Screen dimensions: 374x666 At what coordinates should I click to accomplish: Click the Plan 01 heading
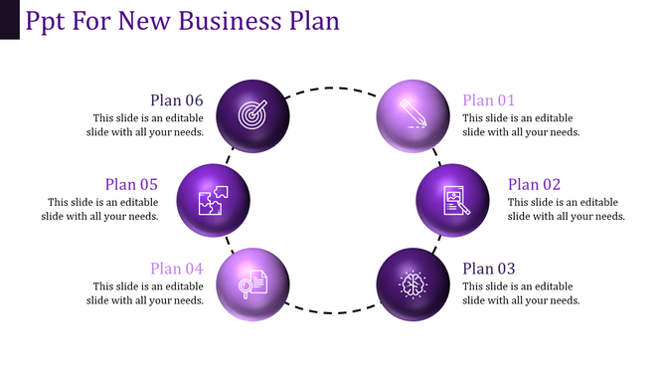[x=489, y=99]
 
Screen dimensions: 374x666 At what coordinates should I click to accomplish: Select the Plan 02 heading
[x=534, y=184]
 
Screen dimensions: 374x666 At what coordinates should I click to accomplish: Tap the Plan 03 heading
[x=489, y=268]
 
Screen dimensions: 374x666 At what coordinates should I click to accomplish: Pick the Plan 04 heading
[x=177, y=269]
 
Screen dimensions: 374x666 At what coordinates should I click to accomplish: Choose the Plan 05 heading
[x=131, y=184]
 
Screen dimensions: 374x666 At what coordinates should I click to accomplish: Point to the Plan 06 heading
[x=177, y=99]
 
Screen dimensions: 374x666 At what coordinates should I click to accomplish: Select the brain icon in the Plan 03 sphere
[x=414, y=284]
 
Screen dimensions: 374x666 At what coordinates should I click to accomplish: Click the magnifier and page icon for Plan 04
[x=251, y=283]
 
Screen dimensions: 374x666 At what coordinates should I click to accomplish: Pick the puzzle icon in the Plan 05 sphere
[x=213, y=200]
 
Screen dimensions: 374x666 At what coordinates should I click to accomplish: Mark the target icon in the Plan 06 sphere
[x=252, y=115]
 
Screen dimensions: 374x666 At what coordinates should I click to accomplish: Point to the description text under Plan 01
[x=521, y=124]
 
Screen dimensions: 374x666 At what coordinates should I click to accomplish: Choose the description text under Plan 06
[x=148, y=124]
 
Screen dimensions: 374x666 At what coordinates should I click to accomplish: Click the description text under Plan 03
[x=521, y=292]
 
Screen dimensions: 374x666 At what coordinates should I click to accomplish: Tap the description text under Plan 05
[x=102, y=209]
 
